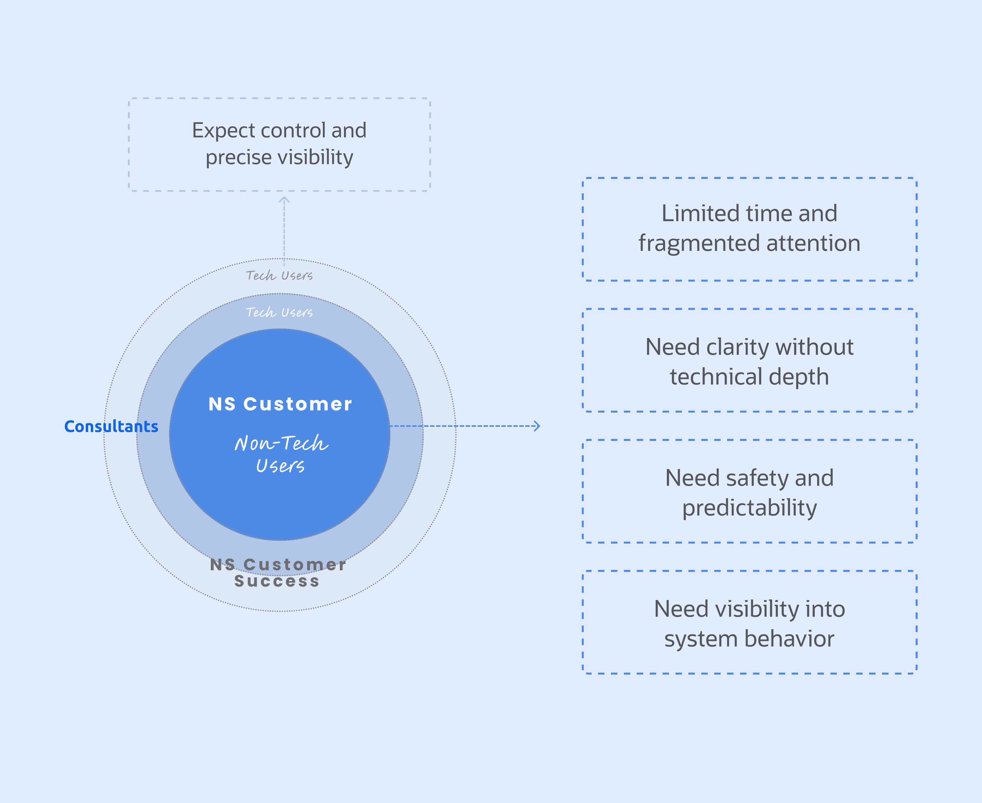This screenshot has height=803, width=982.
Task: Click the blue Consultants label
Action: (x=111, y=427)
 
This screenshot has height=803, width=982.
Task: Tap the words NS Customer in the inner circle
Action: (x=280, y=404)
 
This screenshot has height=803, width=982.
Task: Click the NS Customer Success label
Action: (x=278, y=573)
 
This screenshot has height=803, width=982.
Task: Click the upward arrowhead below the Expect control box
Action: (x=284, y=200)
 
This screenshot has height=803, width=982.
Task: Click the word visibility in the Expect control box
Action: (x=316, y=157)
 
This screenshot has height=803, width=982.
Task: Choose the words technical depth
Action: (x=749, y=377)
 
